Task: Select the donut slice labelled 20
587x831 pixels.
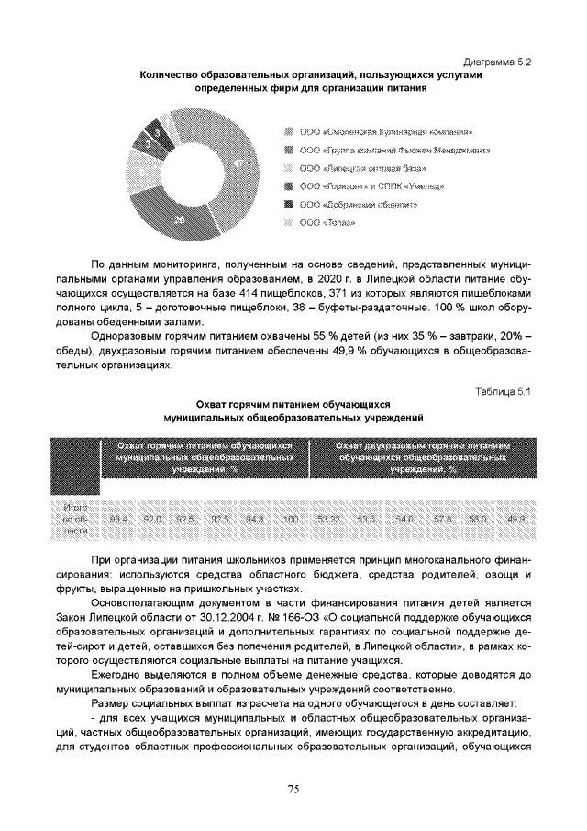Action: pyautogui.click(x=180, y=219)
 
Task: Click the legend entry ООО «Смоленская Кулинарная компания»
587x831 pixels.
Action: pyautogui.click(x=386, y=132)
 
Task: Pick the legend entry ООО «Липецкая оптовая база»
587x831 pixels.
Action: pyautogui.click(x=368, y=169)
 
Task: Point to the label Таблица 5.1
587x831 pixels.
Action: pyautogui.click(x=504, y=392)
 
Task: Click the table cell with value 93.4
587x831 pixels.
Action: pyautogui.click(x=118, y=519)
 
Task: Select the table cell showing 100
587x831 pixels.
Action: pyautogui.click(x=292, y=519)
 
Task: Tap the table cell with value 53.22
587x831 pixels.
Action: pyautogui.click(x=327, y=519)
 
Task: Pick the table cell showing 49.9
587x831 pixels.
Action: pyautogui.click(x=515, y=519)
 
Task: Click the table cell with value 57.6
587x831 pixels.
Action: pyautogui.click(x=444, y=519)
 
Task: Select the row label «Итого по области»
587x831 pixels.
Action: pyautogui.click(x=76, y=519)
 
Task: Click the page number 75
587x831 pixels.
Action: pyautogui.click(x=293, y=788)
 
